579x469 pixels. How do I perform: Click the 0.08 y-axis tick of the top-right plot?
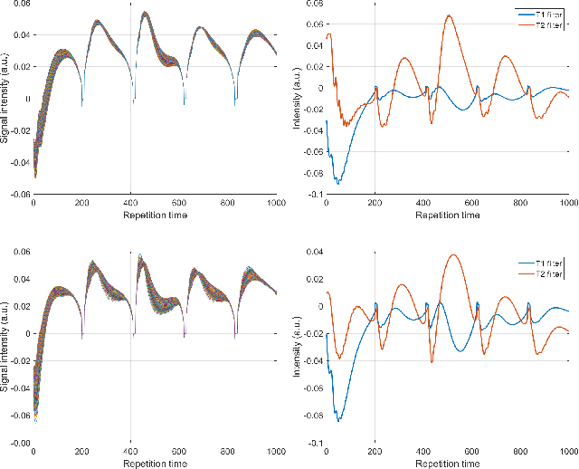312,4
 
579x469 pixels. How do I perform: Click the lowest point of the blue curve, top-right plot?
338,184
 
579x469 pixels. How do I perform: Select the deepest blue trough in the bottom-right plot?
338,421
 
